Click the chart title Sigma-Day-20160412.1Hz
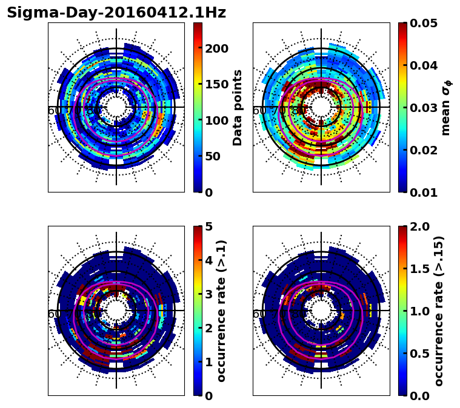(116, 13)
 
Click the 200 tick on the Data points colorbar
(216, 48)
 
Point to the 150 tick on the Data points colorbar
(216, 84)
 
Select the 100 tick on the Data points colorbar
(216, 120)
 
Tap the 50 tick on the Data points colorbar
(213, 156)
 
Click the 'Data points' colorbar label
(238, 107)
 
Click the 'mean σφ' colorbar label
(445, 109)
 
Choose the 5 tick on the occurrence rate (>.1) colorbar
(209, 226)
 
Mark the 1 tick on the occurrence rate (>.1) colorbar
(209, 362)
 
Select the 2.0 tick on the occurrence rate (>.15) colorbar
(418, 226)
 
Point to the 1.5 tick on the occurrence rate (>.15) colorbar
(418, 269)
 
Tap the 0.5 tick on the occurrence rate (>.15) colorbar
(418, 354)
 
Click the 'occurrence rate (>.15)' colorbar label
(439, 311)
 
